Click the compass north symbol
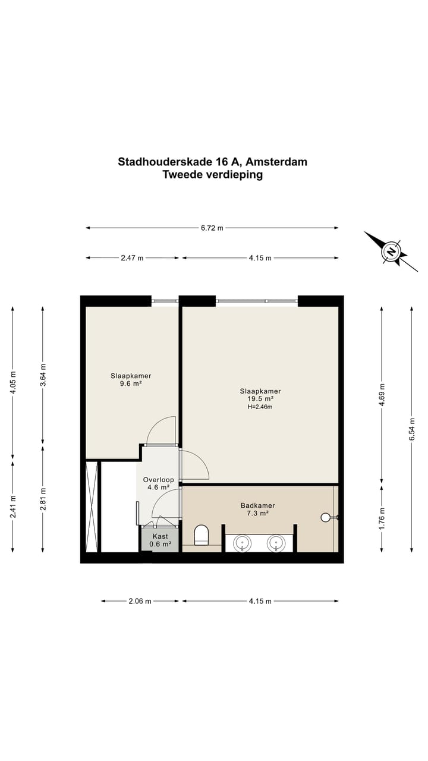click(391, 251)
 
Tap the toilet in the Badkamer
click(202, 534)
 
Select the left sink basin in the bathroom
click(242, 542)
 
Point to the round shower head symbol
click(325, 517)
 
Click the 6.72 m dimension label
click(212, 228)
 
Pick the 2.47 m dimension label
click(132, 258)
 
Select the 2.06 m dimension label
click(140, 601)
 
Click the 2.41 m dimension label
click(13, 506)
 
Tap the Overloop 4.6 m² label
click(158, 483)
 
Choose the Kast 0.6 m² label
click(160, 540)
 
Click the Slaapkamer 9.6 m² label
click(131, 380)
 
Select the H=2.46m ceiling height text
click(260, 407)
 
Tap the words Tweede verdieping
click(212, 175)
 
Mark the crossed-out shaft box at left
click(92, 507)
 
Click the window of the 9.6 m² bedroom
click(165, 301)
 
